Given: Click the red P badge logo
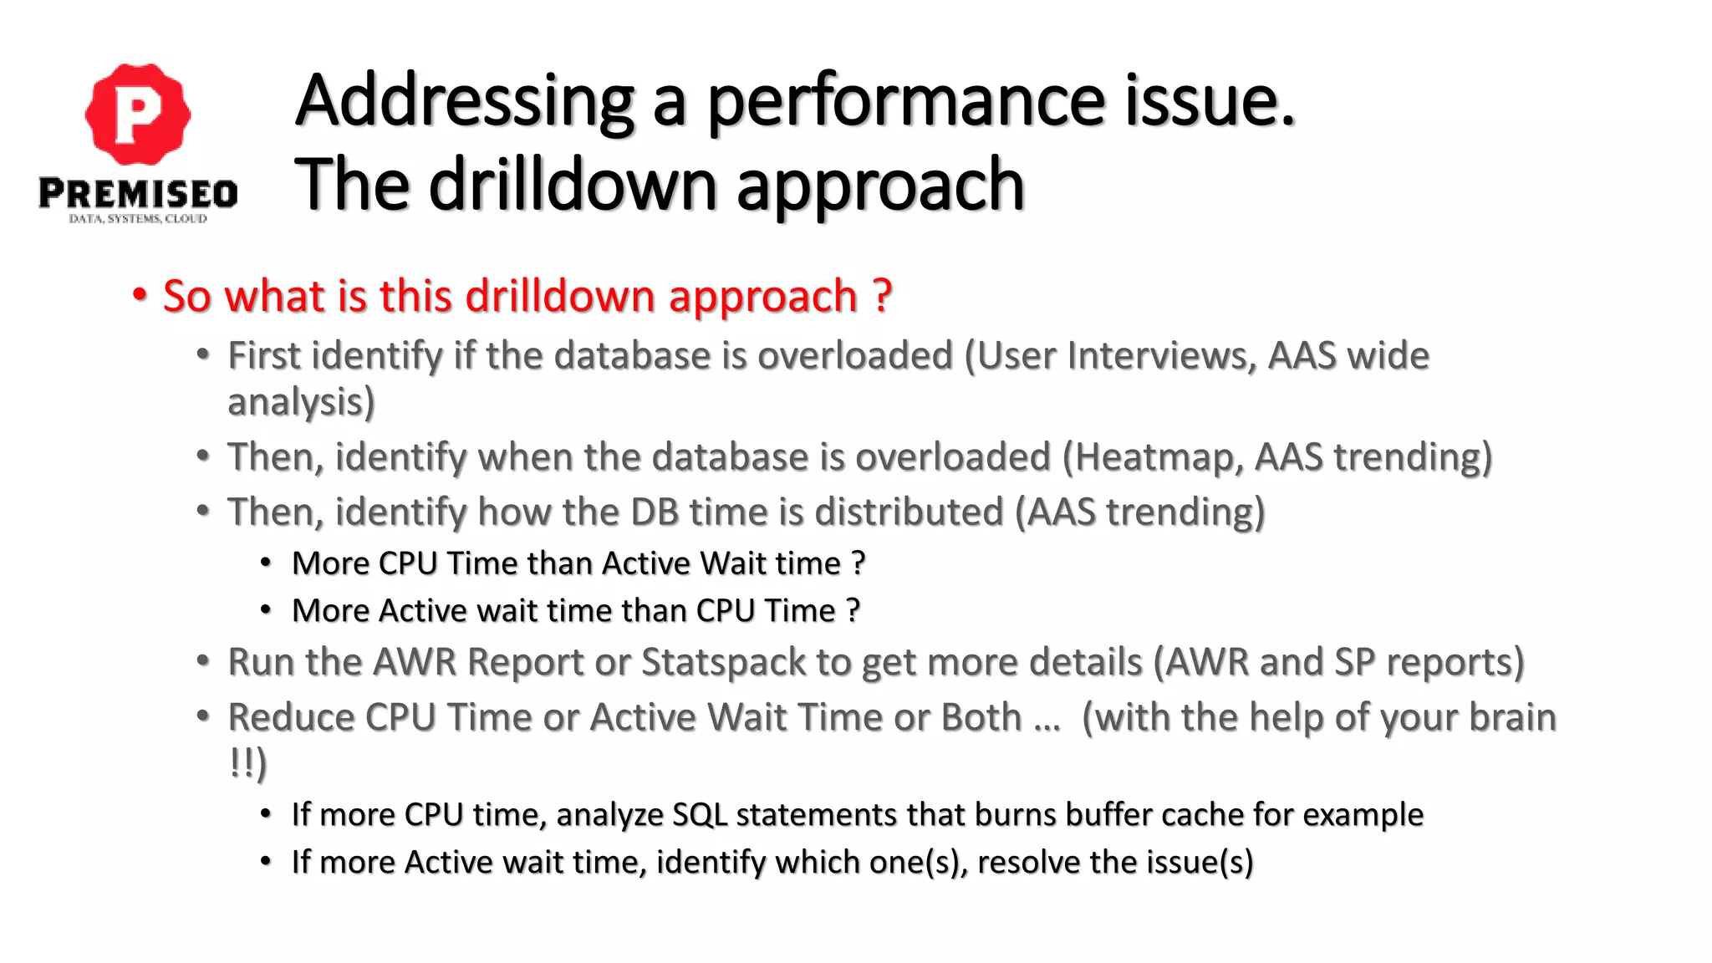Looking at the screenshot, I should [x=138, y=114].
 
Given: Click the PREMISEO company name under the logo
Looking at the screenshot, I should [x=138, y=194].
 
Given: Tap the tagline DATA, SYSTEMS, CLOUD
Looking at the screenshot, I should [x=138, y=219].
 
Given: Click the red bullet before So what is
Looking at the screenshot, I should [x=140, y=296].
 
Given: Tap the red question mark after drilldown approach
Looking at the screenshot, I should [x=882, y=296].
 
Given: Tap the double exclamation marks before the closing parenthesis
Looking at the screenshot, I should [x=242, y=762].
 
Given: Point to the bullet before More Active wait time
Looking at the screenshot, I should [x=266, y=610].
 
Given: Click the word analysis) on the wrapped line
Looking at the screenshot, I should [x=301, y=403].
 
